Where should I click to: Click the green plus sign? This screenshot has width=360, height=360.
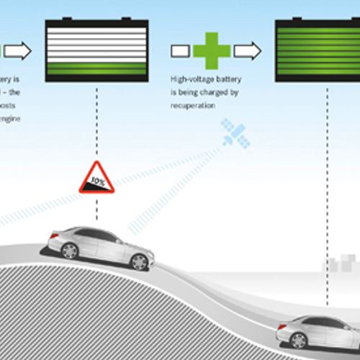(212, 51)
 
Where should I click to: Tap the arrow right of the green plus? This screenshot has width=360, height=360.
(248, 51)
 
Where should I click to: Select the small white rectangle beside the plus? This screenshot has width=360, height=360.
(180, 51)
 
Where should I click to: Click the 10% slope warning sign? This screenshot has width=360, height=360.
(96, 179)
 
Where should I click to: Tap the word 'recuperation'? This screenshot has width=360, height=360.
(193, 104)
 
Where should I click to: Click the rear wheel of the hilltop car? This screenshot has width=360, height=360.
(70, 251)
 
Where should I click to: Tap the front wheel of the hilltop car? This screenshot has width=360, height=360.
(140, 262)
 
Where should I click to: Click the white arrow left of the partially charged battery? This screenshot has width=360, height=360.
(20, 51)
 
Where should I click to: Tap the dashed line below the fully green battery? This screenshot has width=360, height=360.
(328, 180)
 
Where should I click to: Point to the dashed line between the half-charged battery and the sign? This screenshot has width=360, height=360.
(96, 122)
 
